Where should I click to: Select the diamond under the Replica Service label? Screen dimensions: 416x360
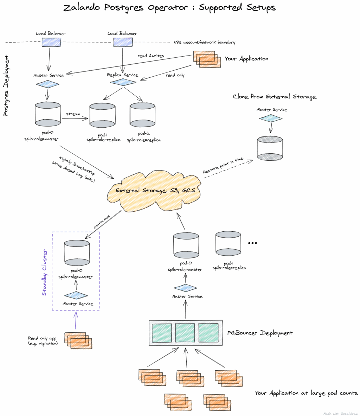tap(123, 82)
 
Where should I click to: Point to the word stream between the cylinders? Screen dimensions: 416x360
tap(73, 114)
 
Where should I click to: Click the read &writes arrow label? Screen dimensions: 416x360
tap(150, 56)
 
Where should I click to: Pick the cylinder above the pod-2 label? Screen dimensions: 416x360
tap(143, 116)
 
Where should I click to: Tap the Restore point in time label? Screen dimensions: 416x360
tap(223, 166)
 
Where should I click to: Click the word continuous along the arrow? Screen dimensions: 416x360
tap(102, 222)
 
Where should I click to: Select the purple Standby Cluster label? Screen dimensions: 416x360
tap(44, 273)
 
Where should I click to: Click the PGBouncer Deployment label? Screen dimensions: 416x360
tap(260, 333)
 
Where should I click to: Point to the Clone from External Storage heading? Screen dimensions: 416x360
tap(274, 97)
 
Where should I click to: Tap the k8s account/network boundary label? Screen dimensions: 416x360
tap(204, 43)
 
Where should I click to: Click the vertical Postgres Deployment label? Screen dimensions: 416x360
tap(6, 85)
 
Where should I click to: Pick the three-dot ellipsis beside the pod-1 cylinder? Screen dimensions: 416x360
tap(253, 243)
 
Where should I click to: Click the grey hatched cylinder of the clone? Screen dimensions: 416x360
tap(270, 148)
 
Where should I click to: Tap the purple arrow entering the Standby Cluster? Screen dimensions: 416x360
tap(75, 320)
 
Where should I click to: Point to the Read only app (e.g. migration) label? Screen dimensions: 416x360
tap(43, 341)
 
